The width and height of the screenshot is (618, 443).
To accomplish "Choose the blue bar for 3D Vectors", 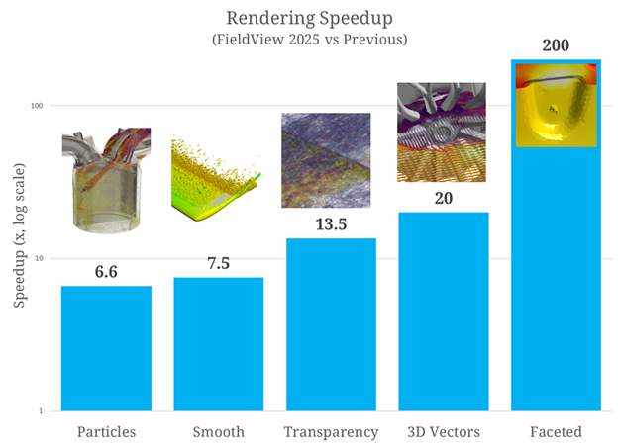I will [443, 311].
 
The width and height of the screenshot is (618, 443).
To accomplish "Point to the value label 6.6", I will [106, 272].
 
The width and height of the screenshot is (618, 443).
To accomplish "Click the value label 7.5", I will [218, 263].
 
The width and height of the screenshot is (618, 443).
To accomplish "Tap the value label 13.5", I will [331, 224].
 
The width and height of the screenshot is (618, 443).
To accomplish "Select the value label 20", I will [443, 198].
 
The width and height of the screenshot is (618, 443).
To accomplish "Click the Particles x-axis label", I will [106, 431].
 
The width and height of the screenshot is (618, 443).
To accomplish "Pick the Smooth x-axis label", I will [218, 431].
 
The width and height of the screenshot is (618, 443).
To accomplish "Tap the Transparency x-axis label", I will [331, 431].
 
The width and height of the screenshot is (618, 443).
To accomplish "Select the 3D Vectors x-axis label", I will [443, 431].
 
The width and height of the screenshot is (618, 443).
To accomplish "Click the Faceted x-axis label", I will [555, 431].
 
